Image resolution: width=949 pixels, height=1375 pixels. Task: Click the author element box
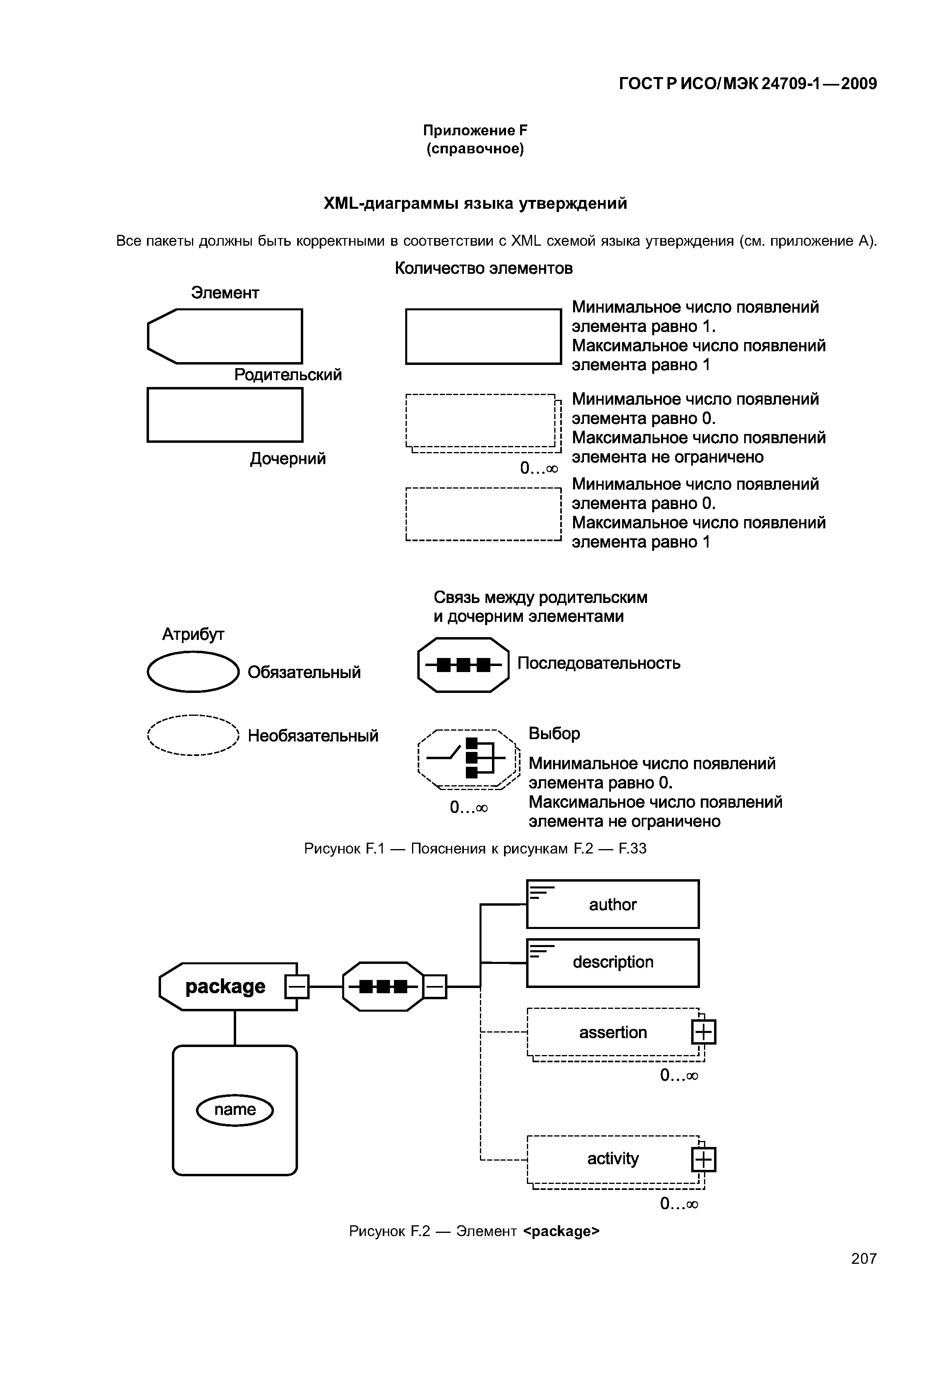pyautogui.click(x=612, y=904)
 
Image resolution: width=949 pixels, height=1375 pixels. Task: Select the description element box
pyautogui.click(x=612, y=963)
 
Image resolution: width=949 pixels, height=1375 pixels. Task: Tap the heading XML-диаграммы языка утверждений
pyautogui.click(x=475, y=204)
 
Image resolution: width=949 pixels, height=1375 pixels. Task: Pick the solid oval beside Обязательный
pyautogui.click(x=193, y=672)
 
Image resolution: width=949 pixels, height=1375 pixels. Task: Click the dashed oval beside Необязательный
pyautogui.click(x=193, y=735)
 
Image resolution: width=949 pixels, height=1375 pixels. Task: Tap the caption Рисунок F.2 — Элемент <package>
pyautogui.click(x=474, y=1231)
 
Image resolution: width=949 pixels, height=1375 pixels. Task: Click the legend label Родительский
pyautogui.click(x=288, y=375)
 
